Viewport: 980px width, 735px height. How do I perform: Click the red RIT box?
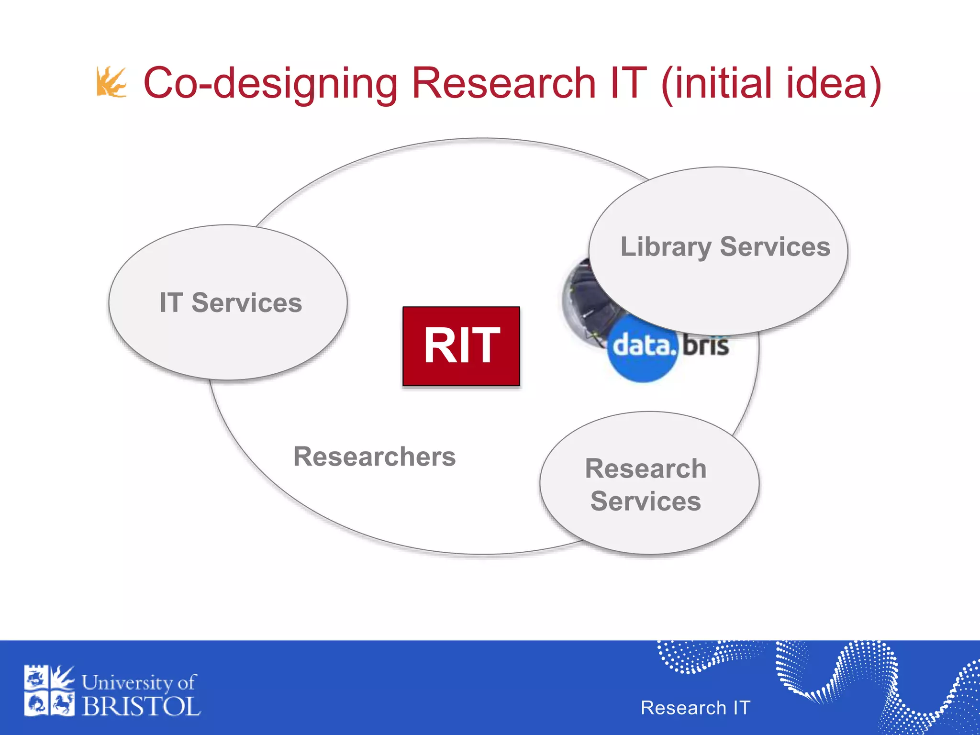coord(461,346)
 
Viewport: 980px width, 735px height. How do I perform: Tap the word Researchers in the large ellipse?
coord(374,457)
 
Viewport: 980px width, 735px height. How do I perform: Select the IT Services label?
coord(231,303)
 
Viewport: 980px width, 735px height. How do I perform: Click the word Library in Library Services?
coord(665,247)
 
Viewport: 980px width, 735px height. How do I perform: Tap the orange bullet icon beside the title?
coord(111,82)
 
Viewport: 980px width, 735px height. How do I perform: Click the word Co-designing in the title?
coord(270,84)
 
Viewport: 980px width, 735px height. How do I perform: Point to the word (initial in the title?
coord(717,84)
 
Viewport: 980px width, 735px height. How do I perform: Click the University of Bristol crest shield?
coord(49,690)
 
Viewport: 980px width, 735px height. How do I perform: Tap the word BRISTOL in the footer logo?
coord(141,706)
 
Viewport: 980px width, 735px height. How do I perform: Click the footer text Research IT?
coord(695,707)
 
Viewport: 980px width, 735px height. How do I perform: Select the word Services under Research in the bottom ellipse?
coord(646,501)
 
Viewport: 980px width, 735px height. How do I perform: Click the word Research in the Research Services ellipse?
coord(646,468)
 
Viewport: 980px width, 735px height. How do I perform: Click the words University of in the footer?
coord(139,682)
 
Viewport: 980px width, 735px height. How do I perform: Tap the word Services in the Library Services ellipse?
coord(775,247)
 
